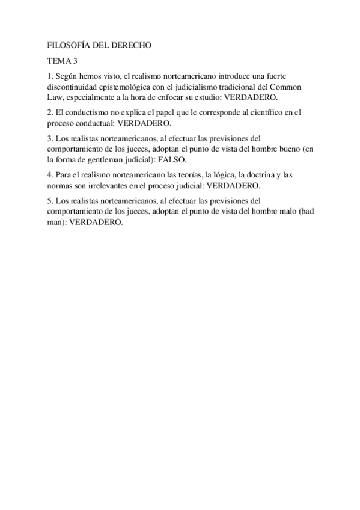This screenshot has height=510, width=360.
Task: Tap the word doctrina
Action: coord(258,175)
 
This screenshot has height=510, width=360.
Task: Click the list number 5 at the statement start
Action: coord(49,201)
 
